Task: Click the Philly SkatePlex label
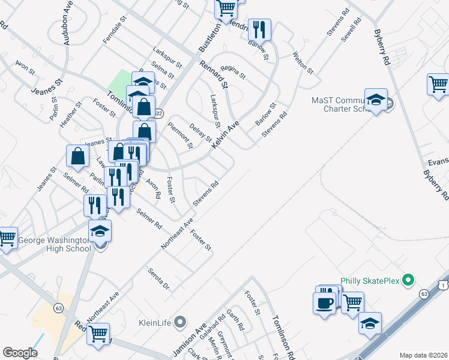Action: click(x=370, y=280)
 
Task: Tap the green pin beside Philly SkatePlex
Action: click(x=409, y=280)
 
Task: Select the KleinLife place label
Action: click(x=155, y=322)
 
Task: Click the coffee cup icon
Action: click(x=325, y=302)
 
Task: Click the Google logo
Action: click(x=20, y=353)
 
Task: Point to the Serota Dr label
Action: click(x=159, y=278)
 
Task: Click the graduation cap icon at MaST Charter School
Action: click(x=376, y=101)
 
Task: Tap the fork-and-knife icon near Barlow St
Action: click(x=259, y=29)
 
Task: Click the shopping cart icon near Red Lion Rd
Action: click(x=98, y=333)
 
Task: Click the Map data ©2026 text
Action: click(x=424, y=355)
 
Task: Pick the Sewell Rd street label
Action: click(x=352, y=28)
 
